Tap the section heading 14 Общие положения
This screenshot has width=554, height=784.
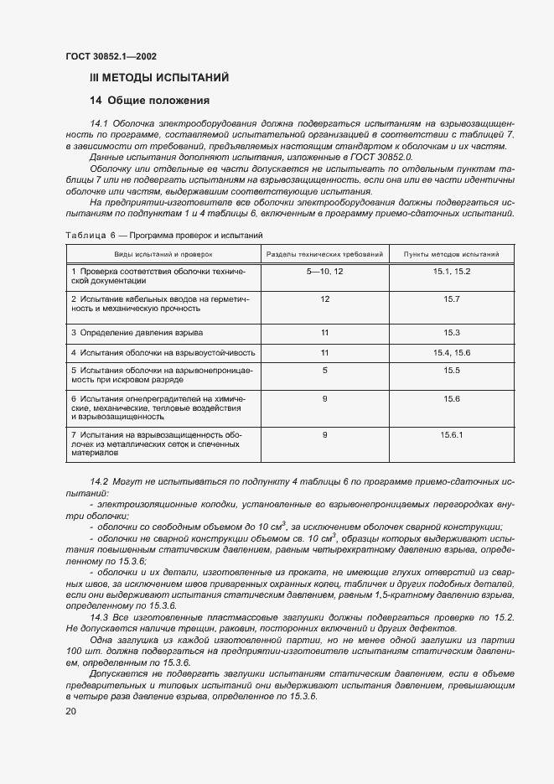pos(150,101)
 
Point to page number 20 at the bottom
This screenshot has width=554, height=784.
pos(70,710)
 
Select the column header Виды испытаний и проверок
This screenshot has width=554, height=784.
pos(164,252)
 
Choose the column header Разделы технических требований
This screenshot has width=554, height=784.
pos(324,252)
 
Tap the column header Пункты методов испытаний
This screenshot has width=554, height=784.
pos(452,252)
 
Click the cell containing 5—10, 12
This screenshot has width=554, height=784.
pos(324,273)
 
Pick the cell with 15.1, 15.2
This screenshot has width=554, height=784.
pos(452,273)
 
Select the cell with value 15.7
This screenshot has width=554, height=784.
pos(452,299)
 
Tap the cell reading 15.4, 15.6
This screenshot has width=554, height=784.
pos(452,353)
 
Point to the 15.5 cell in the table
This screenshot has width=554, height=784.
pos(452,370)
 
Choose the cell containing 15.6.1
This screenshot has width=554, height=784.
pos(452,434)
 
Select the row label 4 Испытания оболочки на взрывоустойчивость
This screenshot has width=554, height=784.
pos(163,353)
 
